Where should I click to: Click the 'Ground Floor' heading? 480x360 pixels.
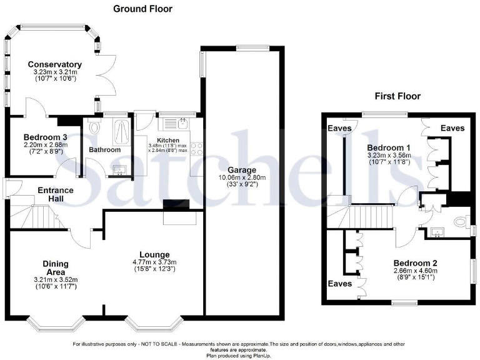[x=142, y=9]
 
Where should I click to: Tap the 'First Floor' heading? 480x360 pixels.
[x=397, y=96]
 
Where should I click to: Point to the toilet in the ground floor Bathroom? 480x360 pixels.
[x=94, y=128]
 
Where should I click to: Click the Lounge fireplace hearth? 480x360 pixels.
[x=178, y=216]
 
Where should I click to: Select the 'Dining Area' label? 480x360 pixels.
[x=56, y=268]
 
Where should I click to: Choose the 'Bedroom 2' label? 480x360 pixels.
[x=416, y=262]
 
